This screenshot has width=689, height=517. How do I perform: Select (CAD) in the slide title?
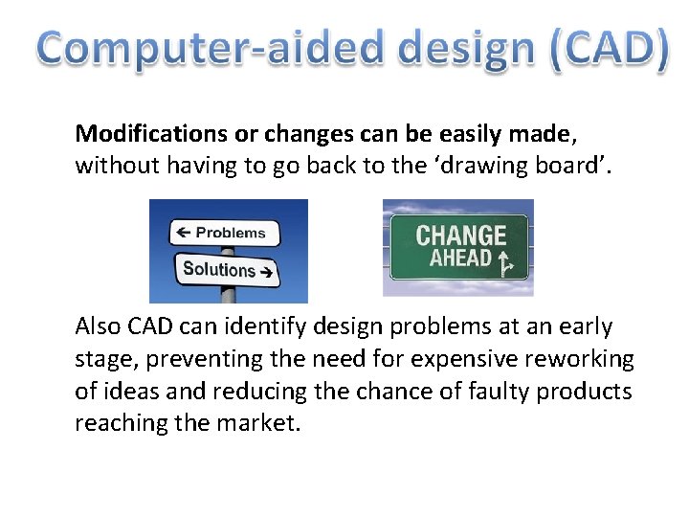[609, 49]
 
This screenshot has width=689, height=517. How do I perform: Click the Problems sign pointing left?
[224, 233]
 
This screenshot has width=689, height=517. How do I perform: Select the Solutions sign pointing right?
[227, 269]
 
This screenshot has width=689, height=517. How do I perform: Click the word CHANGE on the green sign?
[460, 235]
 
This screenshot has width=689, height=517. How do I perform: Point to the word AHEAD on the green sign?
[460, 258]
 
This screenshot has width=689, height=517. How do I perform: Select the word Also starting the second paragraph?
[99, 326]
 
